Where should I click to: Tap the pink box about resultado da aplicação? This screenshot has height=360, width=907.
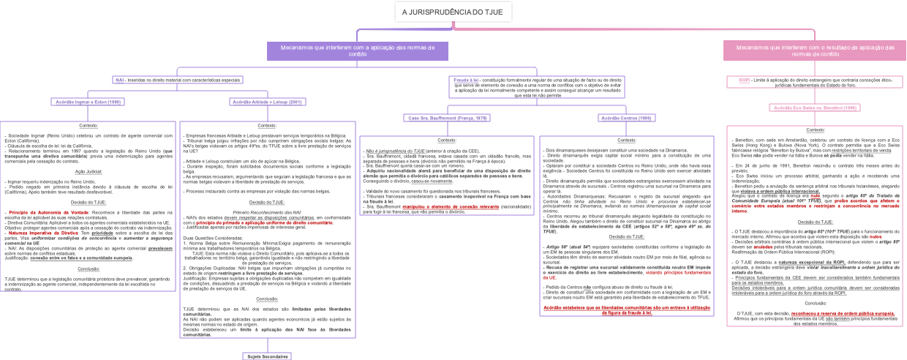click(x=814, y=50)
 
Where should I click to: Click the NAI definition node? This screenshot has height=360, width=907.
click(x=178, y=80)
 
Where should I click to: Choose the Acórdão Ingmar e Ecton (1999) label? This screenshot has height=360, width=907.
click(x=87, y=102)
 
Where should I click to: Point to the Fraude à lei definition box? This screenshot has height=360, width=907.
click(x=538, y=86)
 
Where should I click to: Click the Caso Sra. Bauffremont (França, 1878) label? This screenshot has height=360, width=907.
click(x=447, y=118)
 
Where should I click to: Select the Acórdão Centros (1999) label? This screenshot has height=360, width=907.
click(x=626, y=118)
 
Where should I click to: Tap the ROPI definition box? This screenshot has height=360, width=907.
click(x=814, y=82)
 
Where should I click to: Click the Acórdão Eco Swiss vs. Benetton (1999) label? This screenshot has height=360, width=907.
click(x=815, y=108)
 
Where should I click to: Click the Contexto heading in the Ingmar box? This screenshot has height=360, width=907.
click(x=89, y=127)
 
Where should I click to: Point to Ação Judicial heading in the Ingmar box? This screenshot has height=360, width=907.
click(x=89, y=171)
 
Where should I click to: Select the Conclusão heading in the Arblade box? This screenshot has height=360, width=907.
click(x=267, y=299)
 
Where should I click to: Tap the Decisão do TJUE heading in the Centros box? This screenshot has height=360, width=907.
click(x=626, y=236)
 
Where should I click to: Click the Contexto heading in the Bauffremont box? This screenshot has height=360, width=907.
click(x=447, y=140)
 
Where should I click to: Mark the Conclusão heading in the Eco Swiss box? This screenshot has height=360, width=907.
click(x=815, y=303)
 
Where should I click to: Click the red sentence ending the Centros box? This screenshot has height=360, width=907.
click(x=626, y=310)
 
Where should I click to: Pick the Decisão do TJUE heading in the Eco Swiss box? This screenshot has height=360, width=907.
click(x=815, y=222)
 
